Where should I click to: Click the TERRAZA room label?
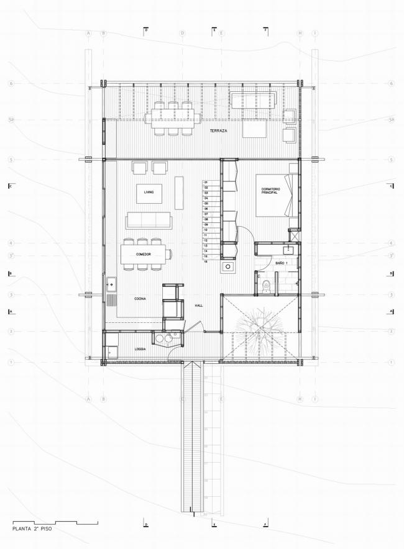[x=218, y=132]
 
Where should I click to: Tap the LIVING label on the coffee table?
[x=149, y=193]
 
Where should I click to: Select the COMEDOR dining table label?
[x=145, y=255]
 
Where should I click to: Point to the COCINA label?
[x=140, y=299]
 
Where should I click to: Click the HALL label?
[x=199, y=306]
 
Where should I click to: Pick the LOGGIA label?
[x=140, y=350]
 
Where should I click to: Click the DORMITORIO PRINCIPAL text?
[x=269, y=191]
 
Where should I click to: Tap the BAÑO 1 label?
[x=280, y=264]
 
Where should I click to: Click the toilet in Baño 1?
[x=266, y=286]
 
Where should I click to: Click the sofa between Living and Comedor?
[x=149, y=220]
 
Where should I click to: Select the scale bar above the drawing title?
[x=55, y=522]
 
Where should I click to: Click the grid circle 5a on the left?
[x=11, y=119]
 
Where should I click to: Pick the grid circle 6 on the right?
[x=391, y=83]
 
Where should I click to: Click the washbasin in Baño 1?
[x=288, y=250]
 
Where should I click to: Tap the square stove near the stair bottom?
[x=228, y=267]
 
